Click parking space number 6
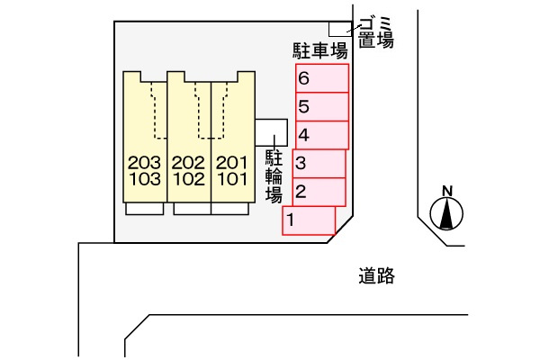322,78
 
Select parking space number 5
322,107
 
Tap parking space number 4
322,135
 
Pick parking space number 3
319,164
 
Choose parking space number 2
319,192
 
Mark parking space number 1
309,220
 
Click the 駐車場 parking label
320,51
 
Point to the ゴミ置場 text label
375,32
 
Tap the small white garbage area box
340,30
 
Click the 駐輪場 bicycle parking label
274,176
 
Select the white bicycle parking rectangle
271,132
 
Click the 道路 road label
376,275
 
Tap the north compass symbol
446,213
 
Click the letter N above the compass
447,191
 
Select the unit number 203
144,163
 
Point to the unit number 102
189,179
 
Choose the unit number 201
232,163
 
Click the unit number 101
232,179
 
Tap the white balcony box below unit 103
145,209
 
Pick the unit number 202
188,163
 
